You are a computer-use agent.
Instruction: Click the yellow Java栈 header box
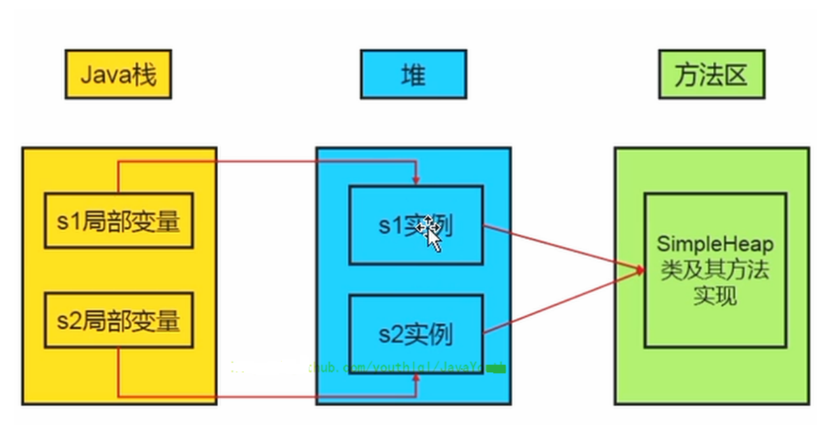(118, 74)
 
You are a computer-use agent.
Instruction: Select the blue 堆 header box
(413, 74)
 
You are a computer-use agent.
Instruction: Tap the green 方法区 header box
(711, 74)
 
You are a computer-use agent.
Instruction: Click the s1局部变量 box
(118, 221)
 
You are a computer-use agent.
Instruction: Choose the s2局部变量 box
(118, 320)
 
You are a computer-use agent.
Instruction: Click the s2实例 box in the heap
(415, 335)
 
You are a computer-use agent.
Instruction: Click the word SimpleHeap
(715, 244)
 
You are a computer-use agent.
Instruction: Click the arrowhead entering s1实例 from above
(416, 180)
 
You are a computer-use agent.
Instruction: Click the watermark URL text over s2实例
(379, 368)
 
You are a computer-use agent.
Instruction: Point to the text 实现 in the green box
(715, 296)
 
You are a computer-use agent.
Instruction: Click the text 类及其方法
(715, 271)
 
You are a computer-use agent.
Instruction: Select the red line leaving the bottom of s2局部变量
(118, 372)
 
